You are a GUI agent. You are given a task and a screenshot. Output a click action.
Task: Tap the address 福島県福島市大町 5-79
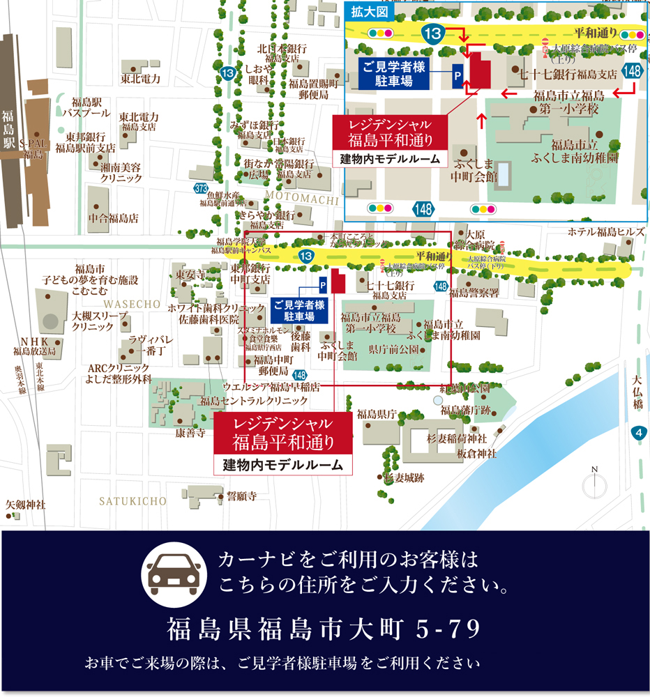pyautogui.click(x=324, y=629)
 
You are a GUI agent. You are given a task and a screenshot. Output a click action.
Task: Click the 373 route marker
pyautogui.click(x=202, y=188)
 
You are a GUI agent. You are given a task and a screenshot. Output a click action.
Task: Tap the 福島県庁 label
pyautogui.click(x=377, y=414)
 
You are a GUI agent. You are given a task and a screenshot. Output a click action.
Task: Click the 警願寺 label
pyautogui.click(x=241, y=496)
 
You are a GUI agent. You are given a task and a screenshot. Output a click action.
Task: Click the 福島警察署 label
pyautogui.click(x=474, y=293)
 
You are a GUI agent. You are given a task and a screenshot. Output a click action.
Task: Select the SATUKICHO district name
pyautogui.click(x=133, y=501)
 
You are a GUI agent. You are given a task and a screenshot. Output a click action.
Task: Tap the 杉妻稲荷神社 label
pyautogui.click(x=456, y=438)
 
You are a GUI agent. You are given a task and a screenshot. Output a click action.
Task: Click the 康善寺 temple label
pyautogui.click(x=190, y=433)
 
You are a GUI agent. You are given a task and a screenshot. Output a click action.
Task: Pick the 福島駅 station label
pyautogui.click(x=8, y=130)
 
